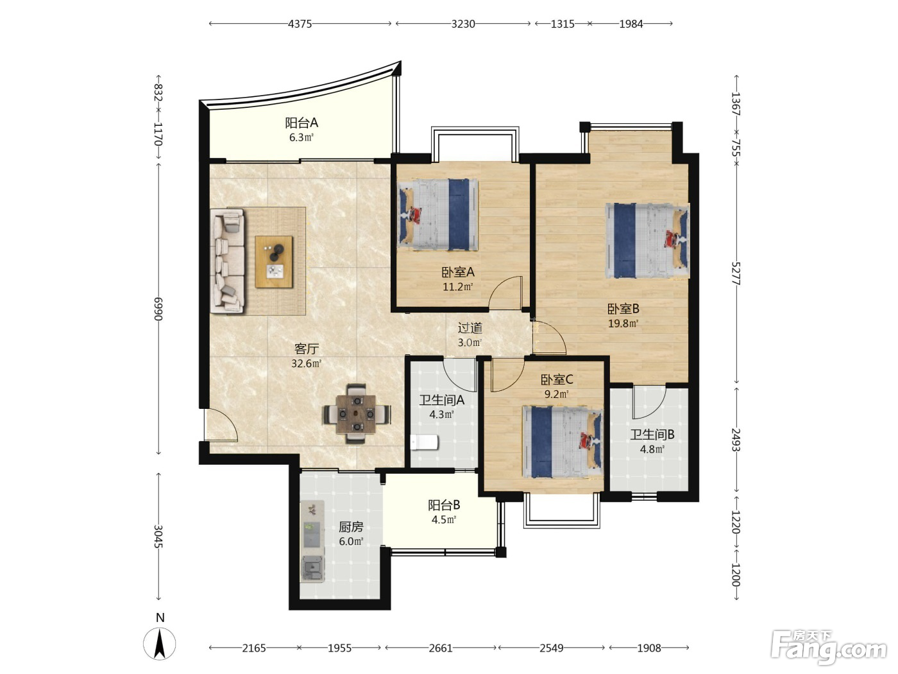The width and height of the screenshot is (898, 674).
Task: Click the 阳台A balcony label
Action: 301,123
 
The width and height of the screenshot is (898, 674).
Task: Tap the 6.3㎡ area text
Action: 301,137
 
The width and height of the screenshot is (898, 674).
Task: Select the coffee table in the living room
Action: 274,261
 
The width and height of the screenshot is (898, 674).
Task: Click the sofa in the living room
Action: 228,261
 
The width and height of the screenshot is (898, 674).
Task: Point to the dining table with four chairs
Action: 357,414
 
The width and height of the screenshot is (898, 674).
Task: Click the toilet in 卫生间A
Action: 424,442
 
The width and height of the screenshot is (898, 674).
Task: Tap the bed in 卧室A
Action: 437,214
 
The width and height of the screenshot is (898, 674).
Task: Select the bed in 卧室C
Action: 563,442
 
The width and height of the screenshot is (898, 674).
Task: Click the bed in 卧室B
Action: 647,241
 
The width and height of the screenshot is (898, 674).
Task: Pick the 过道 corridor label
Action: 470,328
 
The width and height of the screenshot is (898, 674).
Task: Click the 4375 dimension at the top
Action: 300,24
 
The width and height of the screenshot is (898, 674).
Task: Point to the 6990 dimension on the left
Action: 158,309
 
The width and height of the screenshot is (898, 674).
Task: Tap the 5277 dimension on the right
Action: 736,273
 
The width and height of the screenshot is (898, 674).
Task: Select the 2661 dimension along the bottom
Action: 441,648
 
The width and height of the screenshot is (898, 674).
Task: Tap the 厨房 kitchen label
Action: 351,526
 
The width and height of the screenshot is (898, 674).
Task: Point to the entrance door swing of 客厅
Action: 221,425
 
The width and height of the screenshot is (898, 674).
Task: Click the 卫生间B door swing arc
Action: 650,402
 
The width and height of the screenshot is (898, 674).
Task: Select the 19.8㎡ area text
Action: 623,324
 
